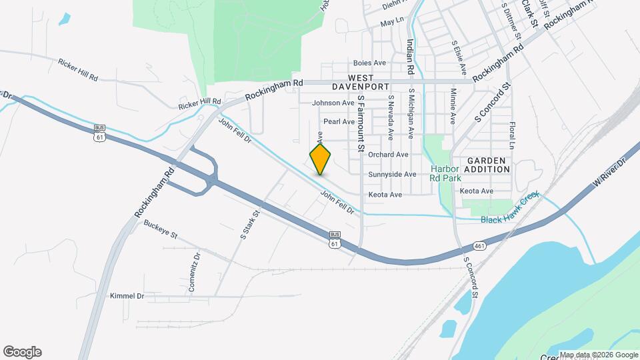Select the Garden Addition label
point(487,165)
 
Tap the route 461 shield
point(481,246)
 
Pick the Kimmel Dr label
point(127,295)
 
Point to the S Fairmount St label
point(361,121)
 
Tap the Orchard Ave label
point(388,154)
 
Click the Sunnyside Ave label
point(392,174)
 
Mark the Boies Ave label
point(370,63)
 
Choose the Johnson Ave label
point(333,103)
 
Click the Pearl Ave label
point(339,121)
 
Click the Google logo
point(22,352)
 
